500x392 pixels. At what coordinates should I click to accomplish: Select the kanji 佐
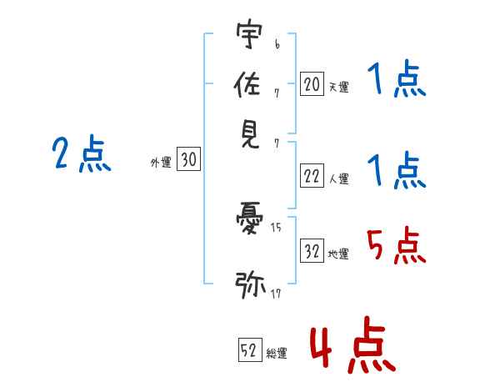[249, 85]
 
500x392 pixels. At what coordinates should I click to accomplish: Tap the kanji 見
[249, 133]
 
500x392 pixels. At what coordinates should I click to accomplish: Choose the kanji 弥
[249, 284]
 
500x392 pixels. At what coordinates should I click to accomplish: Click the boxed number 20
[312, 83]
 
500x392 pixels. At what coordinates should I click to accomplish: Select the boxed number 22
[312, 176]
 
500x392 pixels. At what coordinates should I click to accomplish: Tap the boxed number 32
[312, 250]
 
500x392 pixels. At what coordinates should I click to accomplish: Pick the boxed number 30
[189, 160]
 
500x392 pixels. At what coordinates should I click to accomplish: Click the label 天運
[338, 87]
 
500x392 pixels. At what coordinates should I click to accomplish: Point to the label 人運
[338, 178]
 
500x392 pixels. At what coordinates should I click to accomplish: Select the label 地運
[338, 254]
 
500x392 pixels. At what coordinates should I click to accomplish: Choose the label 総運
[277, 354]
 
